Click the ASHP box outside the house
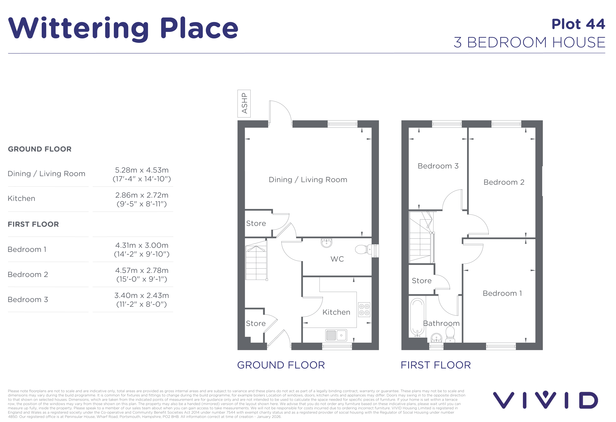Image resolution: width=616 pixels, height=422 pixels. (x=244, y=104)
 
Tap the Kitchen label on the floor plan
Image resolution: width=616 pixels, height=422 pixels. (x=336, y=312)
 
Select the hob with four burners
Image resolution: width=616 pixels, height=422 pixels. (x=364, y=309)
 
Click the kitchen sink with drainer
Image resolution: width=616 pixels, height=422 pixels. (x=336, y=335)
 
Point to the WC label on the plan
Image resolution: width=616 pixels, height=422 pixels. (x=337, y=259)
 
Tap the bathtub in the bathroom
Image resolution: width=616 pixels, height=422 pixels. (x=417, y=317)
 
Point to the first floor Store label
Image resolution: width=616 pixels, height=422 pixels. (x=421, y=281)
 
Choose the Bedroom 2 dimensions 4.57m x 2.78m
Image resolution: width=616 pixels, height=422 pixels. (x=142, y=275)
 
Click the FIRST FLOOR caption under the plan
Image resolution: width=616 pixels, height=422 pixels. (x=436, y=365)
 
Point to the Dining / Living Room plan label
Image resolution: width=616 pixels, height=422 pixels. (x=308, y=180)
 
